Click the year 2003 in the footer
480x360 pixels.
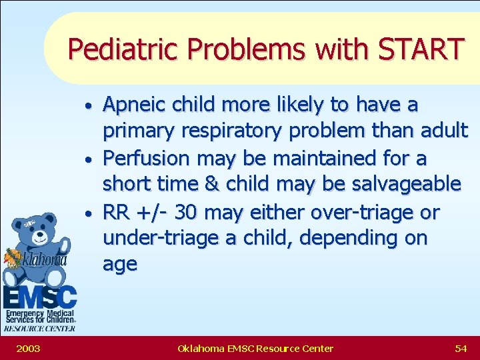(27, 348)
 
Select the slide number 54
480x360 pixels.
(460, 348)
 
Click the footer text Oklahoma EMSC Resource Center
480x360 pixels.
(255, 348)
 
